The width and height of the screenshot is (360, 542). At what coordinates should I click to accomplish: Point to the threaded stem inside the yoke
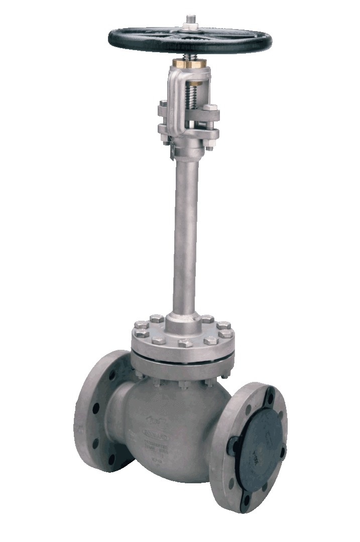(191, 95)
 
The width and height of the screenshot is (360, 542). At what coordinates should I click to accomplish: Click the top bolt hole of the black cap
(270, 399)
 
